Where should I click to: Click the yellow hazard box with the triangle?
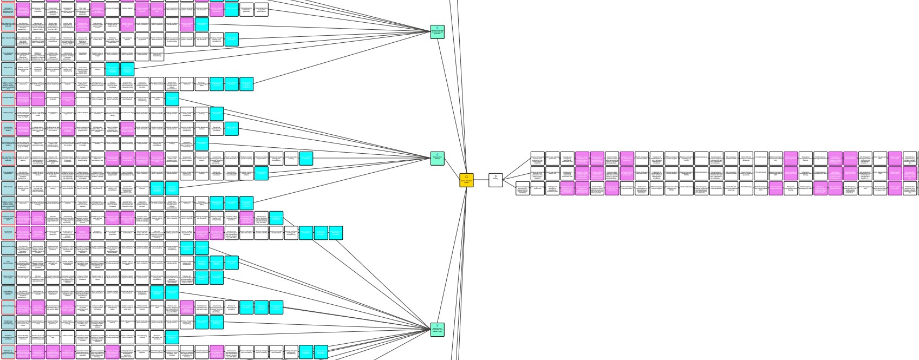tap(466, 180)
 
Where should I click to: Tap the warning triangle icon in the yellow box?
tap(466, 176)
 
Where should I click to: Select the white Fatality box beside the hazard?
tap(496, 180)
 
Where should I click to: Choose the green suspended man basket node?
tap(438, 330)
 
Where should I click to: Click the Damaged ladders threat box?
tap(8, 99)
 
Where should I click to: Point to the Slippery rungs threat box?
tap(8, 113)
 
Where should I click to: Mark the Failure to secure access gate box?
tap(8, 277)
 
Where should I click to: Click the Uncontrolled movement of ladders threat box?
tap(8, 128)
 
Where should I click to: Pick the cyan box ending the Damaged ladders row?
tap(172, 99)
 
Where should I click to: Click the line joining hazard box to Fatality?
tap(481, 180)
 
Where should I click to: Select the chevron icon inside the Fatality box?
tap(496, 176)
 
